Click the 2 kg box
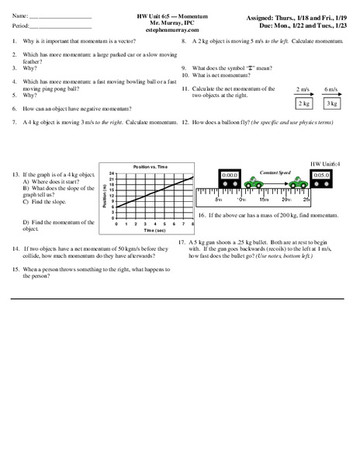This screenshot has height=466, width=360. coord(303,103)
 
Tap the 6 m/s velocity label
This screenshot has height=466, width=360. coord(331,89)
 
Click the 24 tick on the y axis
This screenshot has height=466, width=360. coord(111,173)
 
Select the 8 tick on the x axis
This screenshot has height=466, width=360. coord(192,224)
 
